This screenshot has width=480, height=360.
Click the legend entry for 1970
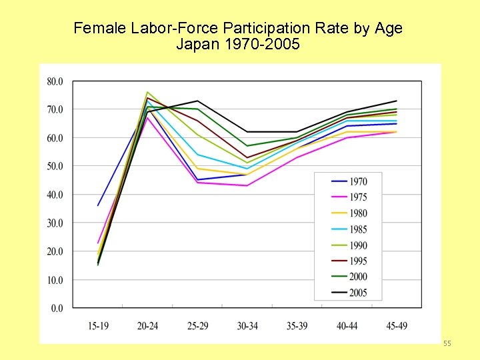357,182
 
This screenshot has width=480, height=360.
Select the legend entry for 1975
357,197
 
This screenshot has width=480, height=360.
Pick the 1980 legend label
357,213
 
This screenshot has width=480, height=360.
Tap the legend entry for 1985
357,229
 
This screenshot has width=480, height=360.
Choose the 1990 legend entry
357,245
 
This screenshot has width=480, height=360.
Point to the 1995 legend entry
357,261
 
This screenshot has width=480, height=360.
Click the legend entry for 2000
357,277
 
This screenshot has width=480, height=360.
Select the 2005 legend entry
357,293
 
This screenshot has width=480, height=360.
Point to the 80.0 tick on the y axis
55,81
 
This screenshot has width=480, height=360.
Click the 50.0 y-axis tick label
55,166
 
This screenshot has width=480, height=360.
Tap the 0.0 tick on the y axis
57,308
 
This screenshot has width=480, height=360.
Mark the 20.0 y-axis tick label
55,251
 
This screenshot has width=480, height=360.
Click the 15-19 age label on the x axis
98,326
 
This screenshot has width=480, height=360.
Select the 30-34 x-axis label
247,326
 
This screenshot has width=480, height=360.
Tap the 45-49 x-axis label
397,326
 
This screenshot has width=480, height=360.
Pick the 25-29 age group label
197,326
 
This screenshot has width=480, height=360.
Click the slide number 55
447,343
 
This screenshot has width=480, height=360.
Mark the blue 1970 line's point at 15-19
98,205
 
